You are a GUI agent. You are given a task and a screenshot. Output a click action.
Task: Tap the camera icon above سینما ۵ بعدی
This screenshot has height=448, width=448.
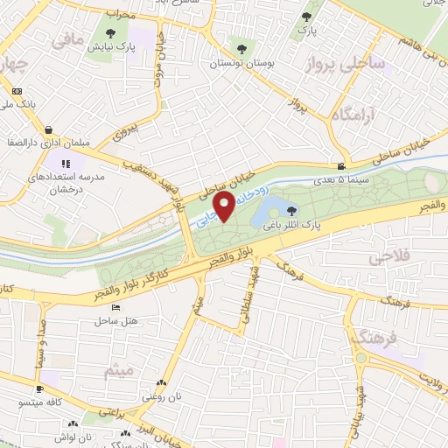pos(340,166)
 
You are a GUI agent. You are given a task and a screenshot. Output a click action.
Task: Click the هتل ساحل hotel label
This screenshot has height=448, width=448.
pos(121,322)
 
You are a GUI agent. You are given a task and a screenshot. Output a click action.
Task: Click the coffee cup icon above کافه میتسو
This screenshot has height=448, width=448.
pos(38,388)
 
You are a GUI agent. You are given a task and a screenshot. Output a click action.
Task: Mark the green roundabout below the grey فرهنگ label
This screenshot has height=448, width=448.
pos(361,358)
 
